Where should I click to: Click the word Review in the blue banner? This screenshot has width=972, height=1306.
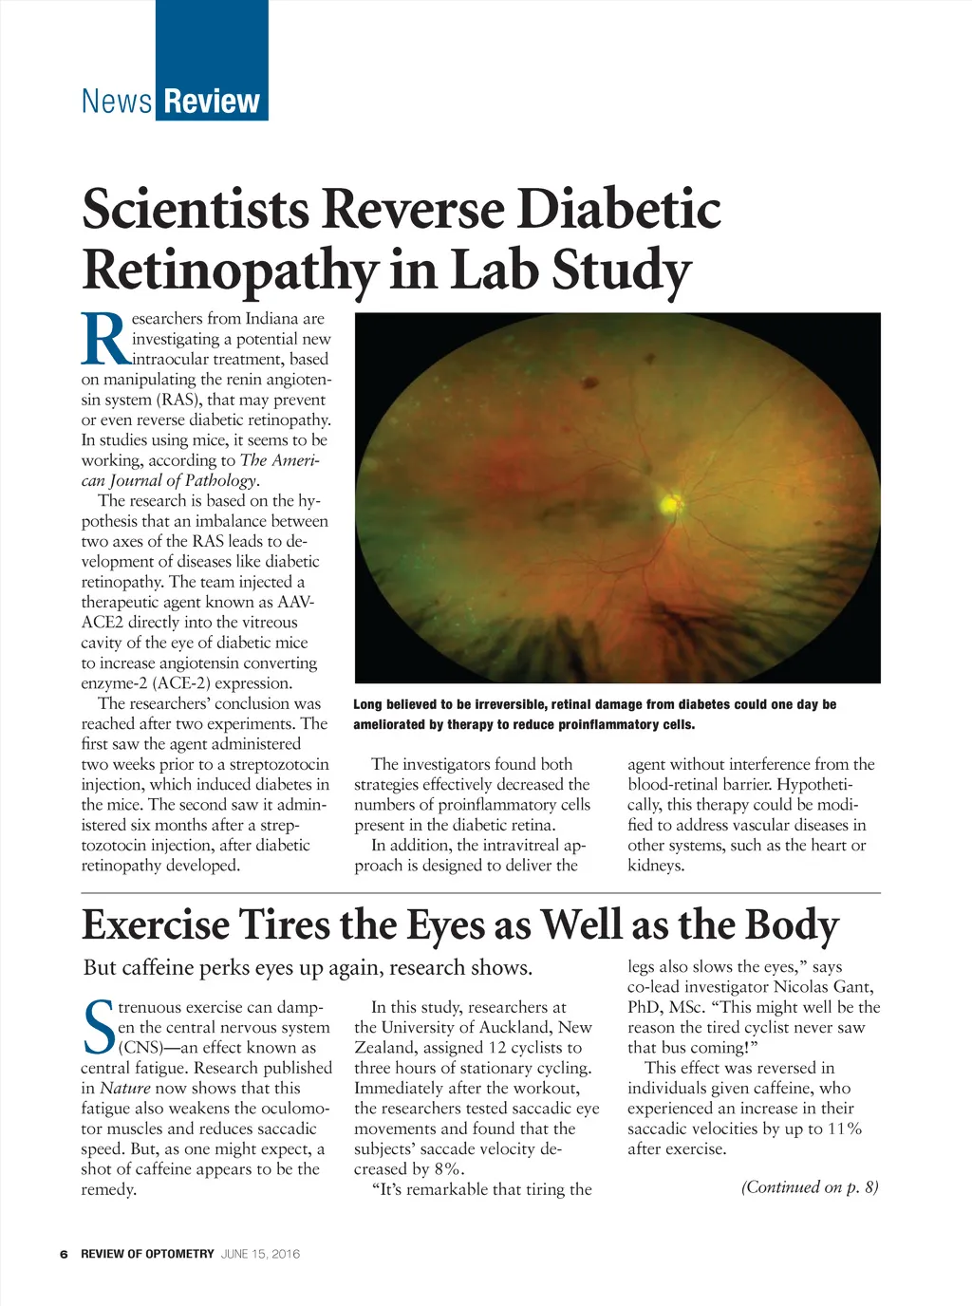[211, 101]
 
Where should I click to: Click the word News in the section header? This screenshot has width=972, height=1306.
[117, 101]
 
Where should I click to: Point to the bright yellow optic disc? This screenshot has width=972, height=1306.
[671, 503]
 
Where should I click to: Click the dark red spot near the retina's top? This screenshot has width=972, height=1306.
[592, 382]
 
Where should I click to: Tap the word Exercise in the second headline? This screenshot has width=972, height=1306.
[156, 925]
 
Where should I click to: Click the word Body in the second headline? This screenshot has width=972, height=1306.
[791, 925]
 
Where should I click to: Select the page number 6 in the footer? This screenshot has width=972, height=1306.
[64, 1254]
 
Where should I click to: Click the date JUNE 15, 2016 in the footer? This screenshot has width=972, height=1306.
[260, 1254]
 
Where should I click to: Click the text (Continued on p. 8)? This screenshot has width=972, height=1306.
[810, 1187]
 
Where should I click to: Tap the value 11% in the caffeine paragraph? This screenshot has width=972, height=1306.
[844, 1129]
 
